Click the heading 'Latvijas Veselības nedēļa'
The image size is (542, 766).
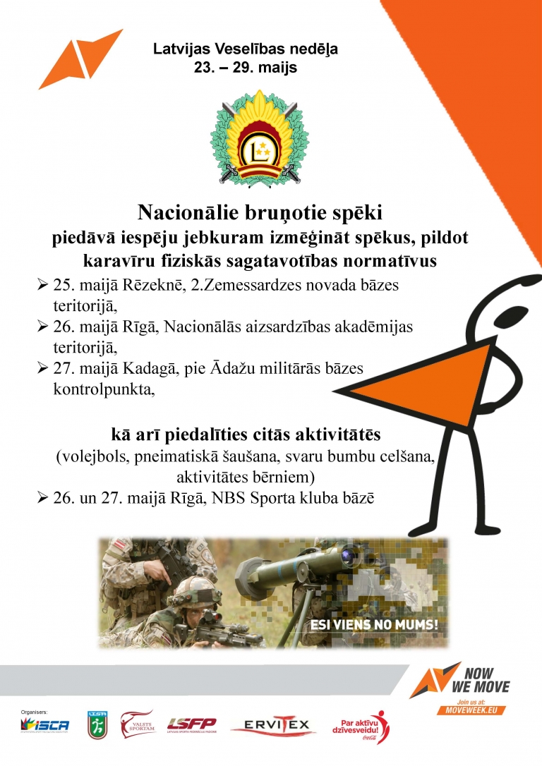(246, 49)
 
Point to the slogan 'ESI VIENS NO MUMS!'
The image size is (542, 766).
(375, 624)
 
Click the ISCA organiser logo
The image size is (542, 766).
(45, 724)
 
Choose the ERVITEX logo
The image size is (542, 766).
(270, 725)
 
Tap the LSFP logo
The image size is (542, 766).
(191, 724)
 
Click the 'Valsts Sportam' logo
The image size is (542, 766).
(138, 724)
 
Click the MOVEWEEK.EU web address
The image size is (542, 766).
(473, 710)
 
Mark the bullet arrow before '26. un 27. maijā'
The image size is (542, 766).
(42, 498)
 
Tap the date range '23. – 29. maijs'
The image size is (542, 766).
(246, 69)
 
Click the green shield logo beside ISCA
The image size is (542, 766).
(97, 725)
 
